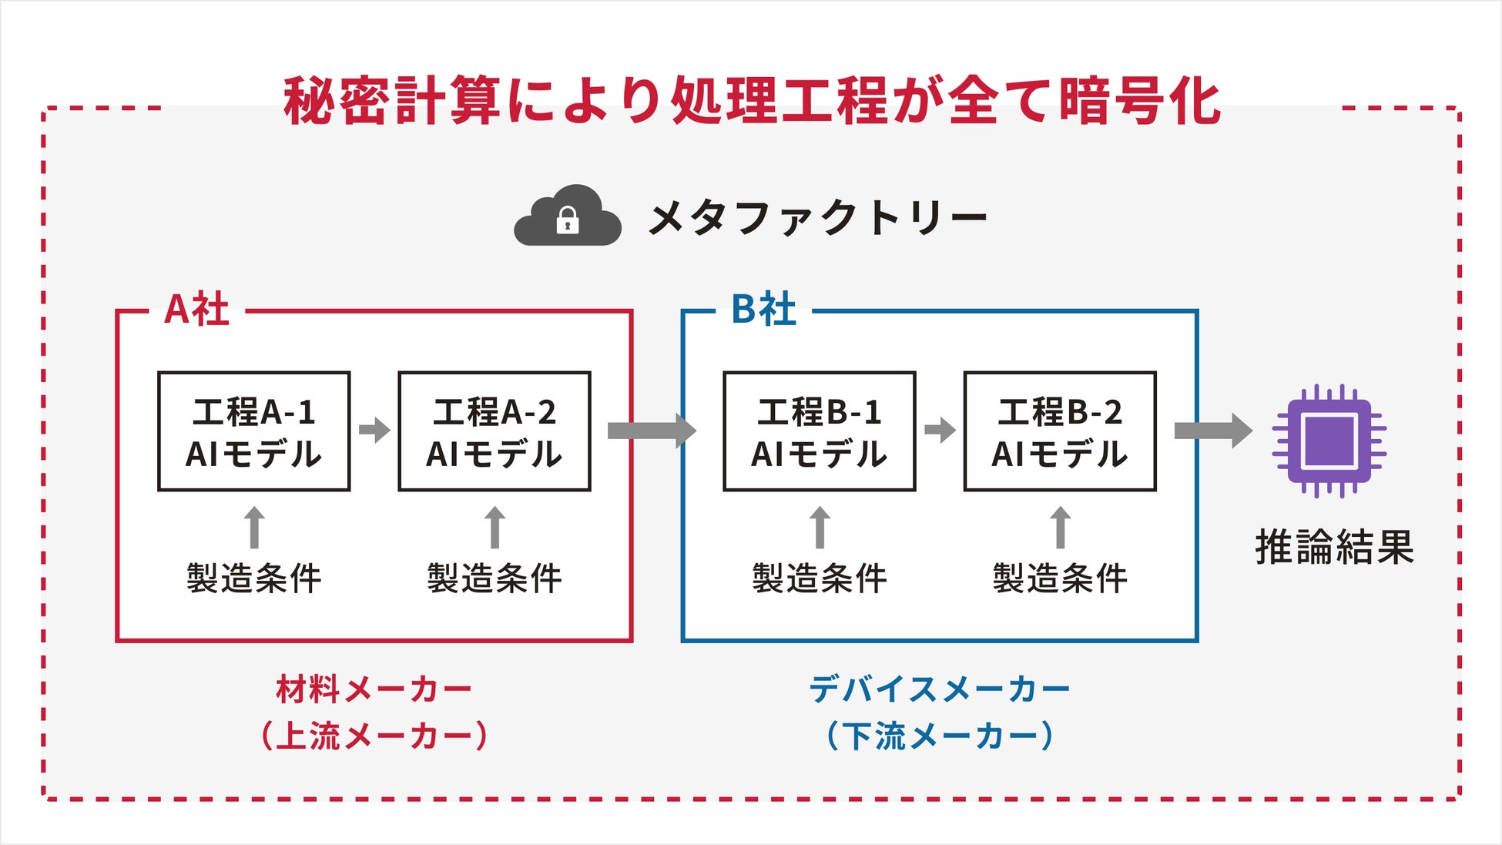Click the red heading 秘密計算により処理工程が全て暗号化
pyautogui.click(x=752, y=101)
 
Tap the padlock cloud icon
pyautogui.click(x=568, y=216)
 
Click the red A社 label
pyautogui.click(x=197, y=310)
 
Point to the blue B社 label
pyautogui.click(x=763, y=310)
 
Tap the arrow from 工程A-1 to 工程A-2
pyautogui.click(x=374, y=430)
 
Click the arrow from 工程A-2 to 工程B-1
pyautogui.click(x=652, y=431)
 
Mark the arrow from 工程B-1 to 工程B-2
pyautogui.click(x=940, y=430)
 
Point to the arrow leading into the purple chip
pyautogui.click(x=1213, y=431)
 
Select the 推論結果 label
pyautogui.click(x=1335, y=548)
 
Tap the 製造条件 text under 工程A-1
pyautogui.click(x=254, y=578)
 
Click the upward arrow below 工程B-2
pyautogui.click(x=1061, y=528)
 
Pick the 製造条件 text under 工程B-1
pyautogui.click(x=820, y=578)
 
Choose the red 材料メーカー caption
pyautogui.click(x=374, y=689)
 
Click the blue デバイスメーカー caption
pyautogui.click(x=940, y=689)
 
